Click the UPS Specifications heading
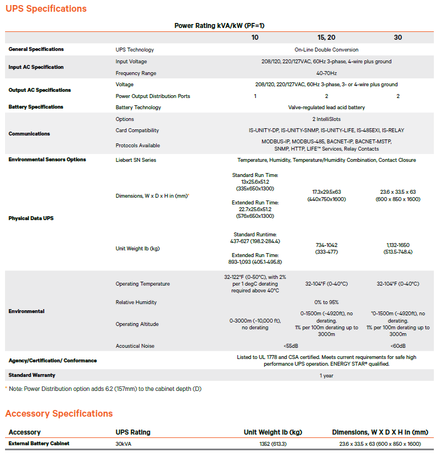point(46,9)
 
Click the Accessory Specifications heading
point(59,414)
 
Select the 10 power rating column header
point(255,38)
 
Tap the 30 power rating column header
point(398,38)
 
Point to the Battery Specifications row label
point(36,107)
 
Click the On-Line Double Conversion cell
point(326,50)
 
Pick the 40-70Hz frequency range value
point(326,73)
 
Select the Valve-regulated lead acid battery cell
point(326,108)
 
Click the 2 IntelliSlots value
point(326,119)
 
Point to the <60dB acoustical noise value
point(398,346)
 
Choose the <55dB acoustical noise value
point(291,346)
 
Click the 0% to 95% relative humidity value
point(326,302)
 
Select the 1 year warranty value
point(326,376)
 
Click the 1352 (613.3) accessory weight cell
point(273,444)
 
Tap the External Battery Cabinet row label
point(39,444)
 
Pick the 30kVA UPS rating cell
point(124,444)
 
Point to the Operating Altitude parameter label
point(137,324)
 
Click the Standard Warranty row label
point(32,375)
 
